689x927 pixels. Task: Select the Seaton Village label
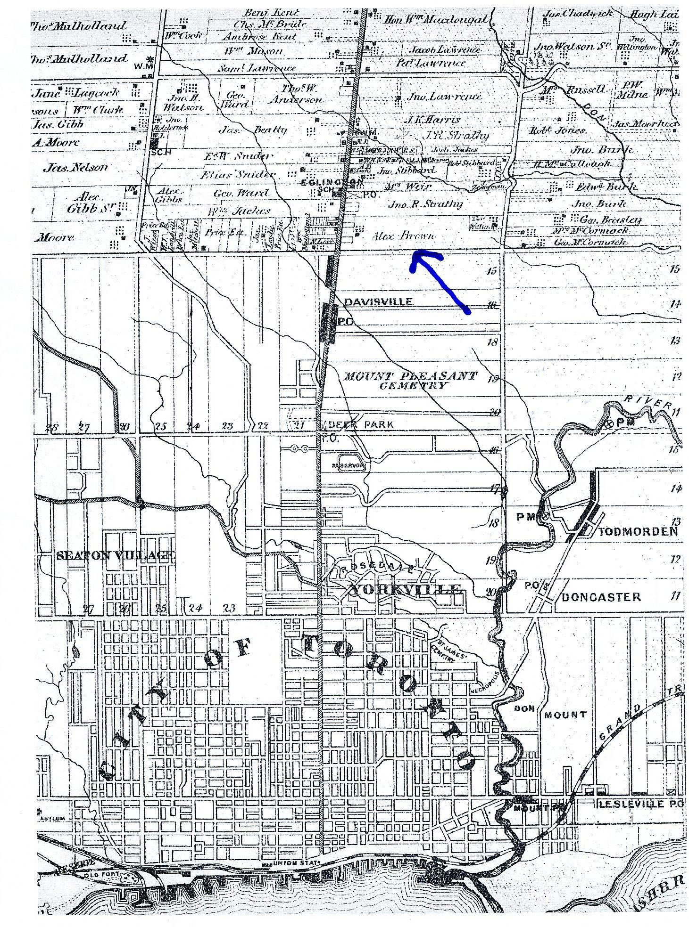(115, 555)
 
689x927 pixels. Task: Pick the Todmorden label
(638, 532)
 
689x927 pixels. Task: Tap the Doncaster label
(601, 597)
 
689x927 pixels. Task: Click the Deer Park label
(361, 424)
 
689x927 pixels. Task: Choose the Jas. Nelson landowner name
(75, 167)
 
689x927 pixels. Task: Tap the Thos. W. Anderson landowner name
(296, 94)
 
